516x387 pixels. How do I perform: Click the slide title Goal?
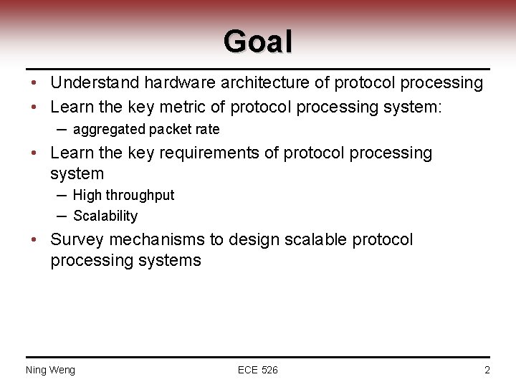pyautogui.click(x=258, y=41)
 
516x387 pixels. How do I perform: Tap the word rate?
pyautogui.click(x=206, y=130)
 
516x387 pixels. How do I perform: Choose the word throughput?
pyautogui.click(x=140, y=195)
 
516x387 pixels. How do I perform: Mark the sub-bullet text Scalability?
pyautogui.click(x=105, y=216)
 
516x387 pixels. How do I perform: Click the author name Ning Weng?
pyautogui.click(x=50, y=370)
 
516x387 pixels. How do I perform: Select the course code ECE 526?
pyautogui.click(x=258, y=370)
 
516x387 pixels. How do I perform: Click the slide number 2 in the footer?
pyautogui.click(x=487, y=370)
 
